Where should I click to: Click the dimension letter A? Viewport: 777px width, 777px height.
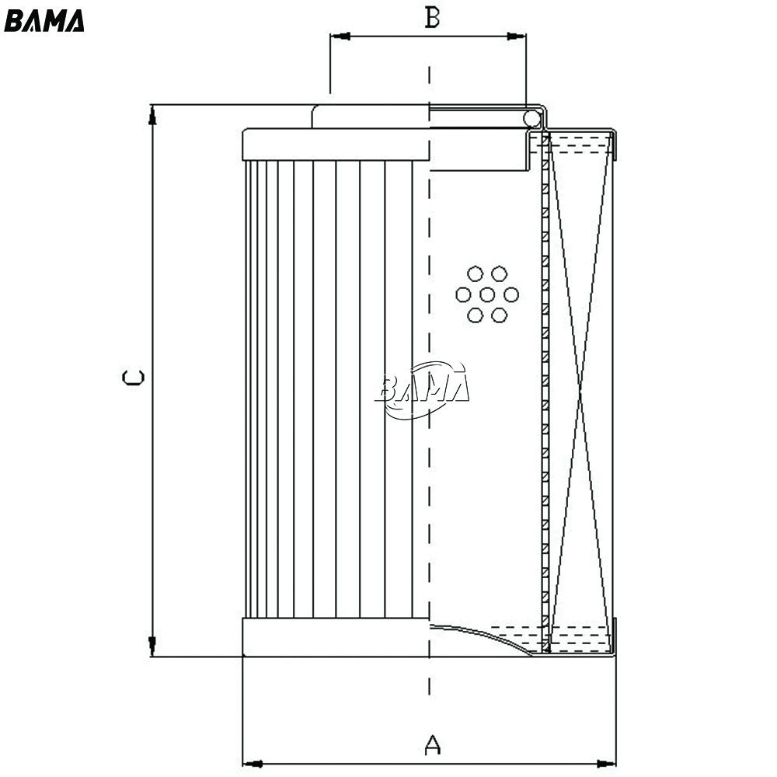[x=433, y=745]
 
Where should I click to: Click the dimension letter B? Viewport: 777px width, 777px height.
[x=432, y=18]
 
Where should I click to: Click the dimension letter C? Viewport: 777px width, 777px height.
[x=134, y=378]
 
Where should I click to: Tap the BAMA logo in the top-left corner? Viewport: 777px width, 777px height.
[x=44, y=21]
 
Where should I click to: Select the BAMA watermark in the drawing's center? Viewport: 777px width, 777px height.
[x=422, y=390]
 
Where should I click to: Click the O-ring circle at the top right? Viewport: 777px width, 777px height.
[x=531, y=118]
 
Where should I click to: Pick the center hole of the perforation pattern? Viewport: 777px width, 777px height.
[x=487, y=294]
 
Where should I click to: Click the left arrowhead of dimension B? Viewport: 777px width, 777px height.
[x=340, y=37]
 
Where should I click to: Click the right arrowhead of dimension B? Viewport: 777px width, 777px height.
[x=516, y=37]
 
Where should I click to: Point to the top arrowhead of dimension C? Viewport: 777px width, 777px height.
[x=152, y=115]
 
